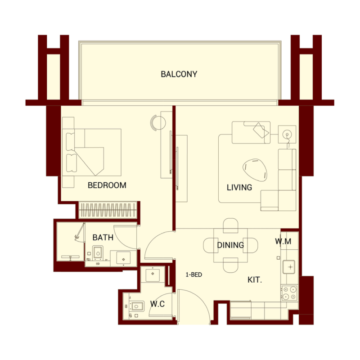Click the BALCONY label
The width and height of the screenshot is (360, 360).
[179, 74]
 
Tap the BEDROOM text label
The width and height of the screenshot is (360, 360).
[107, 185]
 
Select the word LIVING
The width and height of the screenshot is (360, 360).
[239, 187]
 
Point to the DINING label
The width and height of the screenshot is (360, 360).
[230, 245]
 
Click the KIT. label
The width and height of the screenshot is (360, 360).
[255, 280]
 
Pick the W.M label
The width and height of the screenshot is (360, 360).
[283, 242]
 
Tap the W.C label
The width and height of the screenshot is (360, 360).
[157, 304]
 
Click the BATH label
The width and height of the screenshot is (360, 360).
[103, 237]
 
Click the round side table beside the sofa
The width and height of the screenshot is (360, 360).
[287, 134]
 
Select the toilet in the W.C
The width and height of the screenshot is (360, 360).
[137, 307]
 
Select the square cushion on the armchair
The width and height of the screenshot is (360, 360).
[260, 130]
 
